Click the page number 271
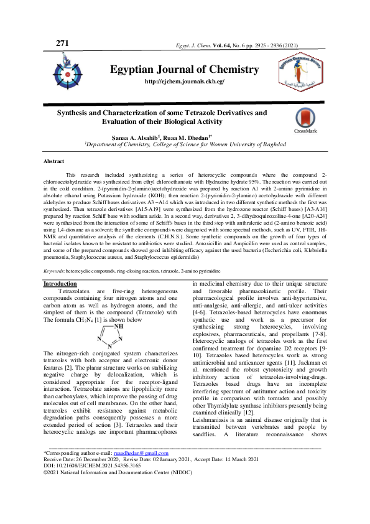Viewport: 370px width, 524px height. pos(62,43)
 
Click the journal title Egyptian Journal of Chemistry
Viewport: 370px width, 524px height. pos(184,69)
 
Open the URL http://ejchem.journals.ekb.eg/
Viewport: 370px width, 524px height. pos(184,82)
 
